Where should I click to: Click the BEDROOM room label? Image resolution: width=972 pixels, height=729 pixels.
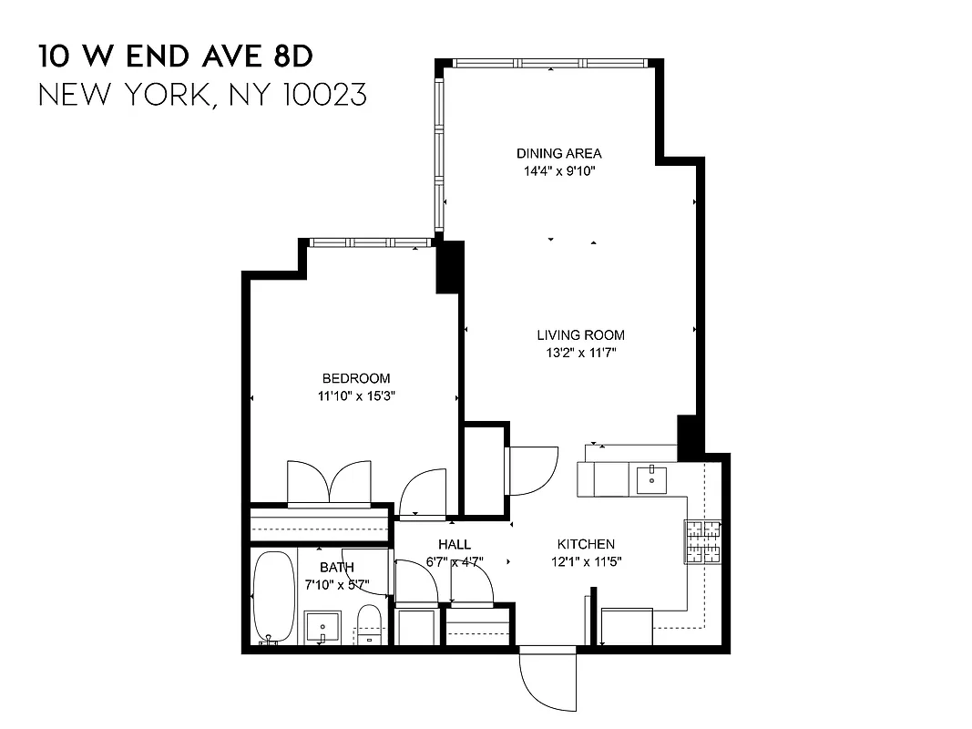coord(355,378)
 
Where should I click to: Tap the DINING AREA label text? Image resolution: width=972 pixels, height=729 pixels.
coord(558,153)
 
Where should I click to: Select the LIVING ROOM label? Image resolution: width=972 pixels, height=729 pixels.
coord(580,335)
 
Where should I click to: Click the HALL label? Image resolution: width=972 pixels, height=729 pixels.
coord(454,545)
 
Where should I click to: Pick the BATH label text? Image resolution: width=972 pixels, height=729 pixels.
coord(336,567)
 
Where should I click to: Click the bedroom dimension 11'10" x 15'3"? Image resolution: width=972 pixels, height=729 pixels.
coord(355,396)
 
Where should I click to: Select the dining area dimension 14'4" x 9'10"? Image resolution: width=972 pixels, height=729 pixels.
coord(558,170)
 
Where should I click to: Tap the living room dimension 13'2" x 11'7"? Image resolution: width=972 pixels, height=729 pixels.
coord(580,353)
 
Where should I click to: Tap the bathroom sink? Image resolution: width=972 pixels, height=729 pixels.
coord(322,627)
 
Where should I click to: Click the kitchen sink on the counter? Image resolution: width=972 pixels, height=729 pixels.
coord(653,477)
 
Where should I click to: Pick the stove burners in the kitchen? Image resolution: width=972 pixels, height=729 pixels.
coord(702,541)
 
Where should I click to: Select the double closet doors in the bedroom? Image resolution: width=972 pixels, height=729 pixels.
coord(329,483)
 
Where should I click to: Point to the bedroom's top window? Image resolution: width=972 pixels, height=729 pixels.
coord(369,242)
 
